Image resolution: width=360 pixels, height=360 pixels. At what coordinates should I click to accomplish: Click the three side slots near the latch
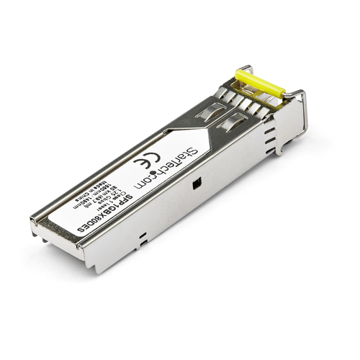pos(270,141)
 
